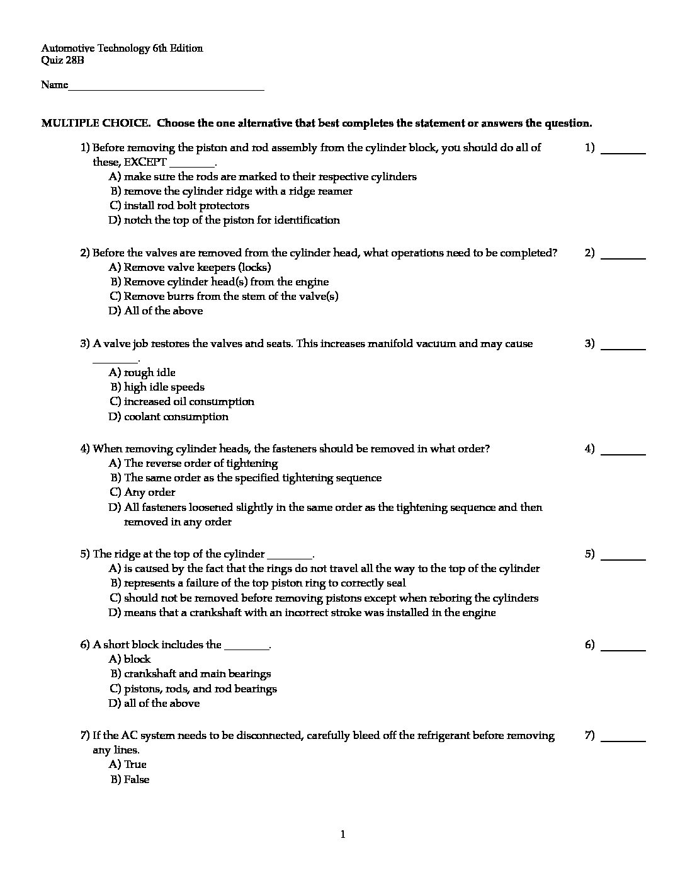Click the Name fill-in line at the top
pyautogui.click(x=166, y=87)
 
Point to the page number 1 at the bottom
pyautogui.click(x=342, y=835)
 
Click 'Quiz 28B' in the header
pyautogui.click(x=62, y=61)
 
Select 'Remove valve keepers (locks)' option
pyautogui.click(x=197, y=267)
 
